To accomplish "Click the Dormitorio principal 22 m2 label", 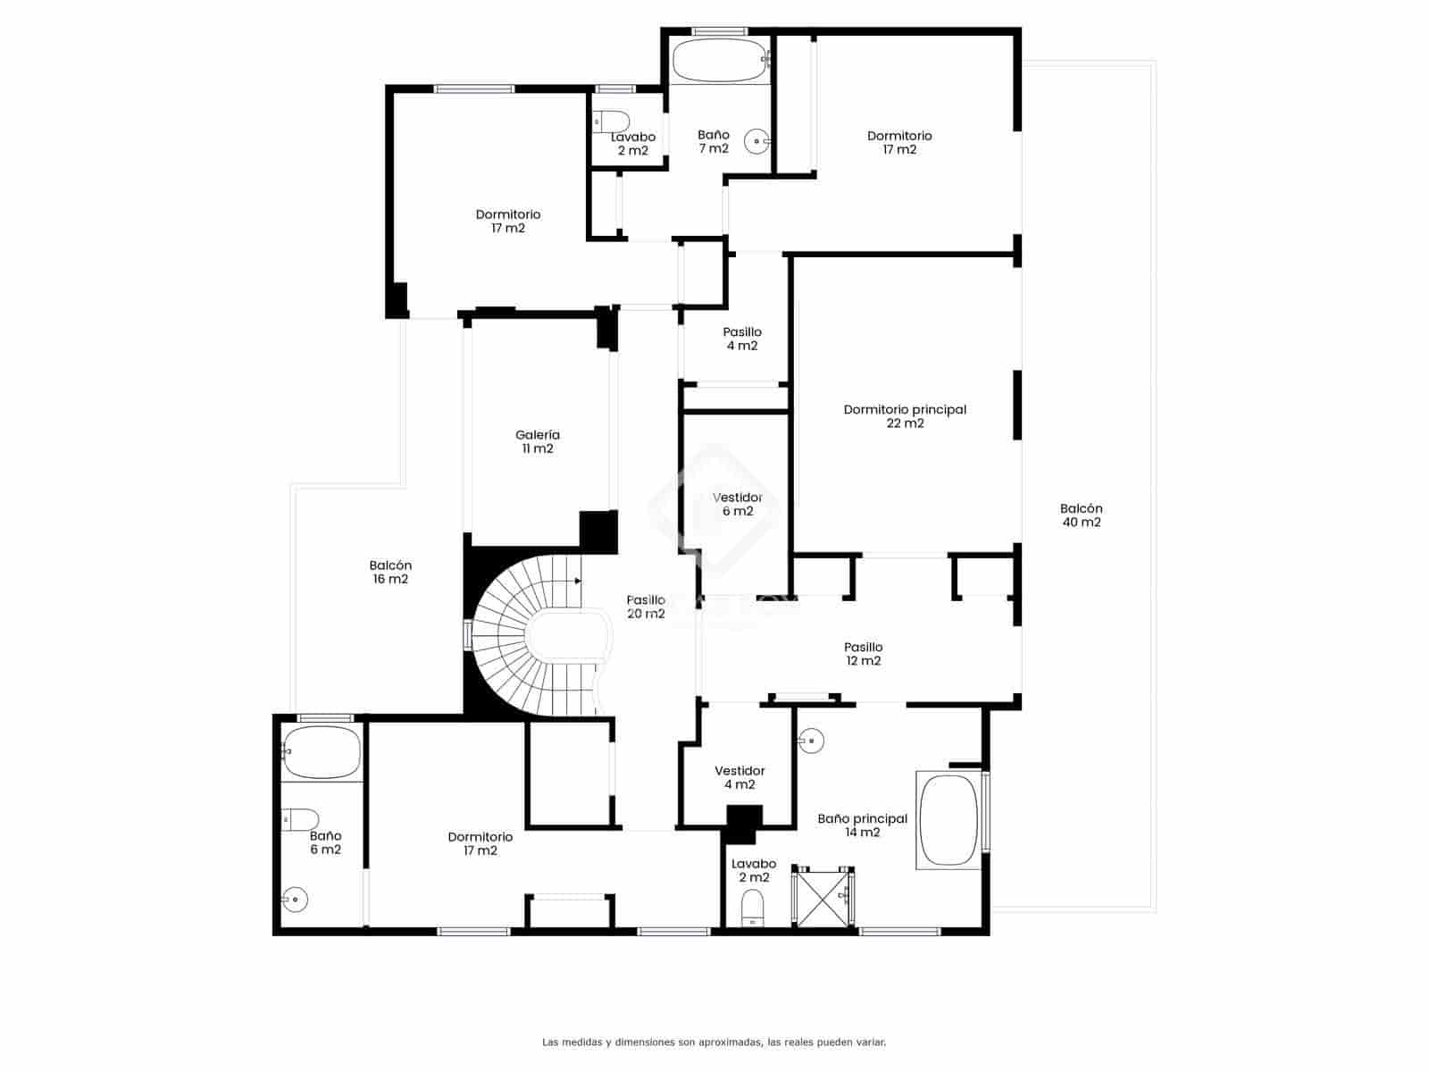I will point(905,416).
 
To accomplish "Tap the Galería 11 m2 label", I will point(538,441).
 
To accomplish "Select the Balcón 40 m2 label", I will point(1081,515).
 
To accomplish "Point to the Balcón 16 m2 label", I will point(390,572).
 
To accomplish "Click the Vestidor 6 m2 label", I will point(738,504).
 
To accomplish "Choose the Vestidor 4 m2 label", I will point(740,777).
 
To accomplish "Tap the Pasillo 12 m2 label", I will point(863,654).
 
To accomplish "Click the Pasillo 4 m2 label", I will point(742,339).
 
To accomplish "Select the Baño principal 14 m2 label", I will point(862,825).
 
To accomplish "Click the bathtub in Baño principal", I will point(948,821).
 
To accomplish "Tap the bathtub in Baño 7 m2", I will point(719,61).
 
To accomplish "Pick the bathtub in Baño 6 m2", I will point(321,752).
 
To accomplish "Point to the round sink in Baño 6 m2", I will point(296,899).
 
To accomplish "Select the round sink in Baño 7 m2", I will point(757,141).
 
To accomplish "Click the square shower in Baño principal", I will point(824,897).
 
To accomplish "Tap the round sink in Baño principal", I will point(811,740).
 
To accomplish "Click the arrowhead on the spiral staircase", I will point(578,581).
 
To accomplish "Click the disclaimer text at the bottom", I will point(714,1042).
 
